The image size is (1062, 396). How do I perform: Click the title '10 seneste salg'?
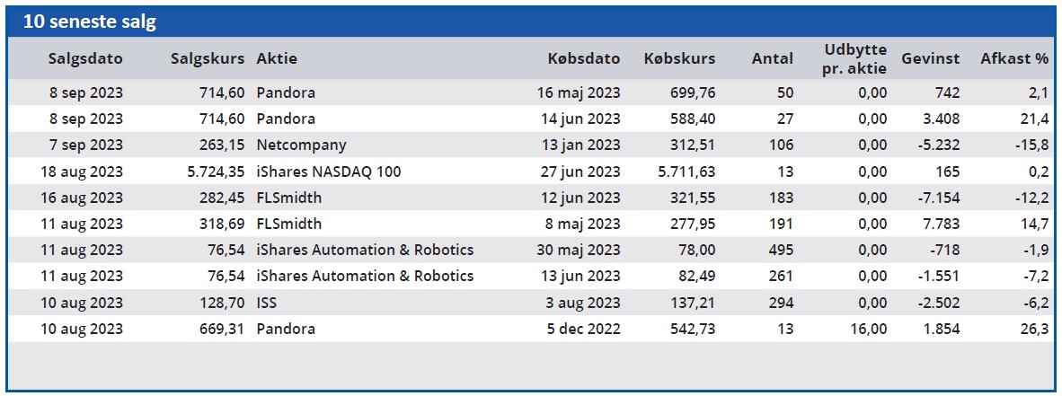[x=89, y=22]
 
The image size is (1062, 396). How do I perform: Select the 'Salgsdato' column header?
[x=85, y=59]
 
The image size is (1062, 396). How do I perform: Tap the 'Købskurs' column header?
[x=679, y=59]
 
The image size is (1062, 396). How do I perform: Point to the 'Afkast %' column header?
[x=1014, y=59]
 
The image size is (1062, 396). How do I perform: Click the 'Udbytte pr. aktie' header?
[x=854, y=58]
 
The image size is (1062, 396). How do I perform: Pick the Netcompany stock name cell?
[x=301, y=145]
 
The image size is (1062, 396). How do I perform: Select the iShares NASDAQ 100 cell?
[x=328, y=172]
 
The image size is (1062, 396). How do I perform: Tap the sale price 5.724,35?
[x=208, y=172]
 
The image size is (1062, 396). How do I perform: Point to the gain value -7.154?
[x=940, y=198]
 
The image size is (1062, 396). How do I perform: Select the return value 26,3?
[x=1038, y=329]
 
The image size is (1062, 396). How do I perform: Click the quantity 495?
[x=779, y=250]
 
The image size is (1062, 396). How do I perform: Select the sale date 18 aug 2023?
[x=82, y=172]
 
